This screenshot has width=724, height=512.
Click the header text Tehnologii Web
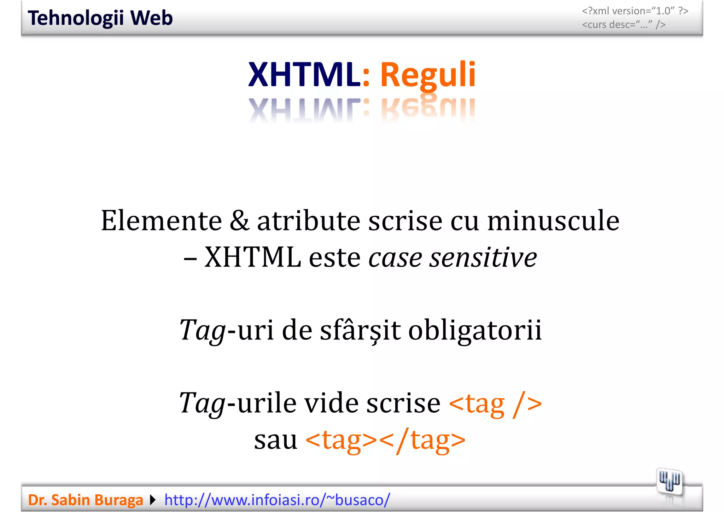point(100,18)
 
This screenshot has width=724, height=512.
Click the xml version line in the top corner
point(635,11)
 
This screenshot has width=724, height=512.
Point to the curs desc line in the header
point(624,25)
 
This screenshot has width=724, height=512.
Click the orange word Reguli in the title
point(428,75)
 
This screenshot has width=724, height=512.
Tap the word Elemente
point(161,221)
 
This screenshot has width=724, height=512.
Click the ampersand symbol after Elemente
point(239,221)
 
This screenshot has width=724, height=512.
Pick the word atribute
point(309,221)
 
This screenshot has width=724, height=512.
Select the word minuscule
point(553,221)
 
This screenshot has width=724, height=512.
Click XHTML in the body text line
point(252,257)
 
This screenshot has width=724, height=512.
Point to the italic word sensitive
point(483,257)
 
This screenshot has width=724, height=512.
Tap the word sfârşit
point(360,330)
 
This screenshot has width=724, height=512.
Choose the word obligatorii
point(475,330)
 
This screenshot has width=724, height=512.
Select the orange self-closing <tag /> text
point(495,403)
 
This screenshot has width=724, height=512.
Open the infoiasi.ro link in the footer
point(277,500)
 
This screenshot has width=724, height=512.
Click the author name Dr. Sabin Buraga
point(86,500)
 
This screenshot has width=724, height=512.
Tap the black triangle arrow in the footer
point(153,500)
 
